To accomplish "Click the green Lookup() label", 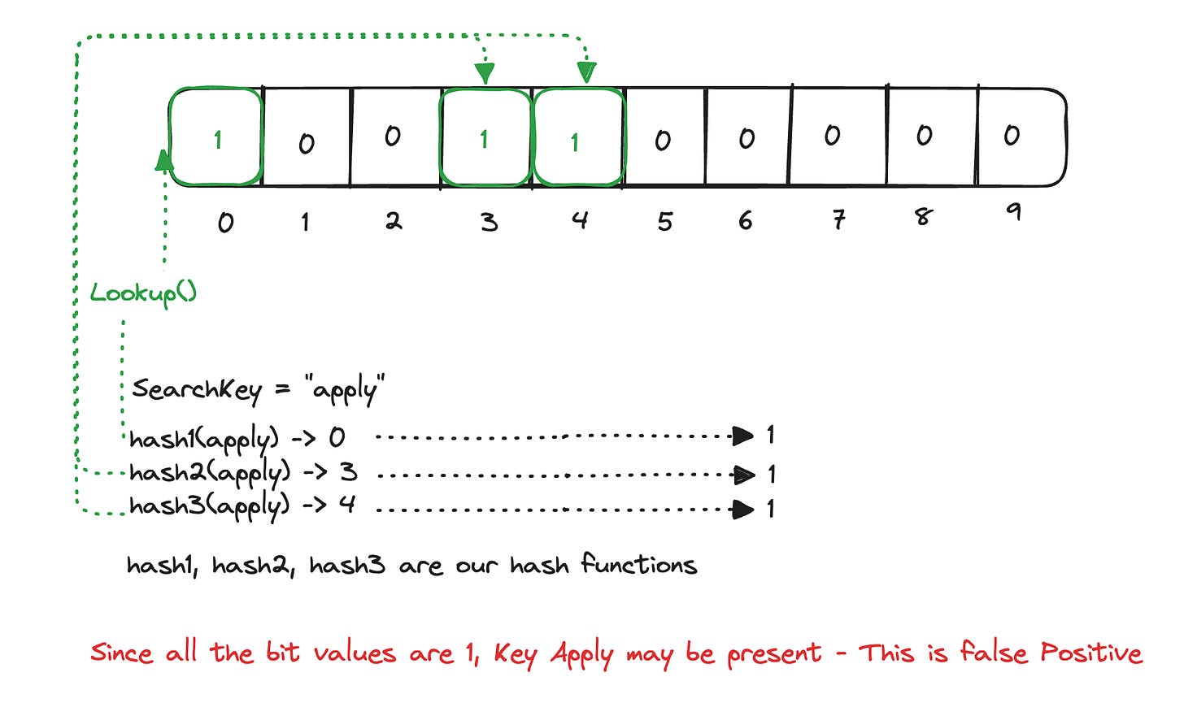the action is tap(143, 293).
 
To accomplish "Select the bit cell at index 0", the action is tap(216, 138).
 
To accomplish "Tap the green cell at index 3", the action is tap(485, 138).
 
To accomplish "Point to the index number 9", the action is tap(1012, 213).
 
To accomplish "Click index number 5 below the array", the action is tap(665, 221).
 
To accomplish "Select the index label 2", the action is tap(394, 220).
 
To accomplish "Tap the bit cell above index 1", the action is tap(307, 138).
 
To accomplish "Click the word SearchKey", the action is tap(196, 389).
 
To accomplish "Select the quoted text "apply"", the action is tap(345, 390).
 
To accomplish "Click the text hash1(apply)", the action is tap(203, 440).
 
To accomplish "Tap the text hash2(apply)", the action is tap(209, 474).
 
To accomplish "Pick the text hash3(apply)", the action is tap(209, 507).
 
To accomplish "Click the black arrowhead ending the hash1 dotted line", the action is tap(742, 436).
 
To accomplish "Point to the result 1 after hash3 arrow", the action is tap(770, 510).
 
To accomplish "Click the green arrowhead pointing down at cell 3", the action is tap(485, 74).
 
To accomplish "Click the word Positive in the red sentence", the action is tap(1090, 653).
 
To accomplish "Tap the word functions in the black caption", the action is tap(639, 565).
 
